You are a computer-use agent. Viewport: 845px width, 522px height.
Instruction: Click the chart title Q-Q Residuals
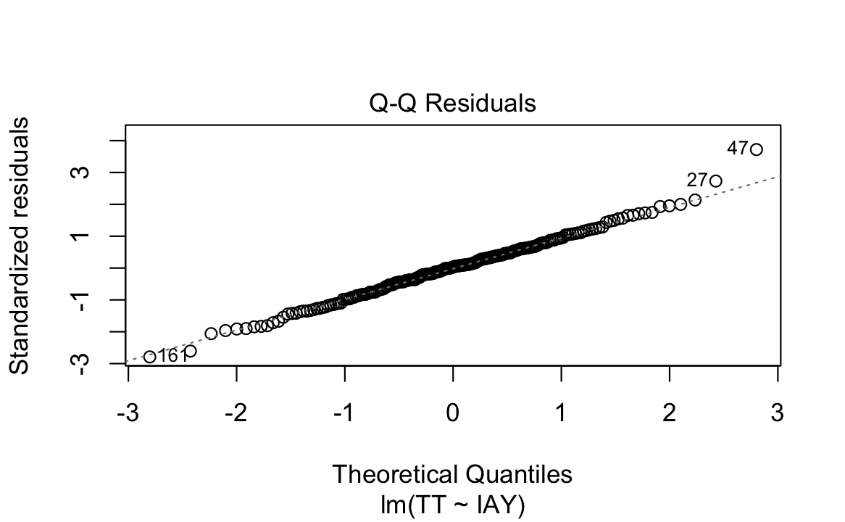pos(453,104)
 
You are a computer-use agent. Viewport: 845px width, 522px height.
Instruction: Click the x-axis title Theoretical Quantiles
pos(452,474)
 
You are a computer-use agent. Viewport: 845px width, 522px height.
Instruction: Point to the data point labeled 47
pos(757,149)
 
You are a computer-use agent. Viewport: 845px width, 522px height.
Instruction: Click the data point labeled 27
pos(716,181)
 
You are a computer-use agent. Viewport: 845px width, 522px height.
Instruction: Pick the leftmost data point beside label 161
pos(150,357)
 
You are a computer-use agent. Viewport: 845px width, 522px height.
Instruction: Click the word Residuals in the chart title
pos(481,104)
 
